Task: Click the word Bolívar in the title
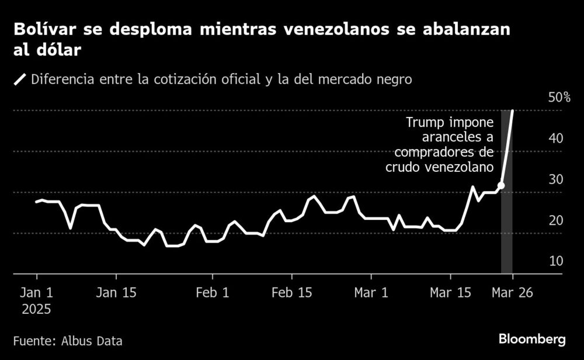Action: tap(42, 30)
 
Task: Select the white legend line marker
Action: tap(21, 79)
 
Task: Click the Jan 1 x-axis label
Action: tap(37, 293)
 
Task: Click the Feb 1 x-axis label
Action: tap(212, 293)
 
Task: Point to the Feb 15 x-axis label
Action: tap(290, 293)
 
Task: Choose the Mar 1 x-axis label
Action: tap(372, 293)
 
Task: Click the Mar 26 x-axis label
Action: tap(512, 293)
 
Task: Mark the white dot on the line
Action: tap(501, 185)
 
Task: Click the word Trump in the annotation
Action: tap(425, 123)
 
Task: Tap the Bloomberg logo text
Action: tap(531, 340)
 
